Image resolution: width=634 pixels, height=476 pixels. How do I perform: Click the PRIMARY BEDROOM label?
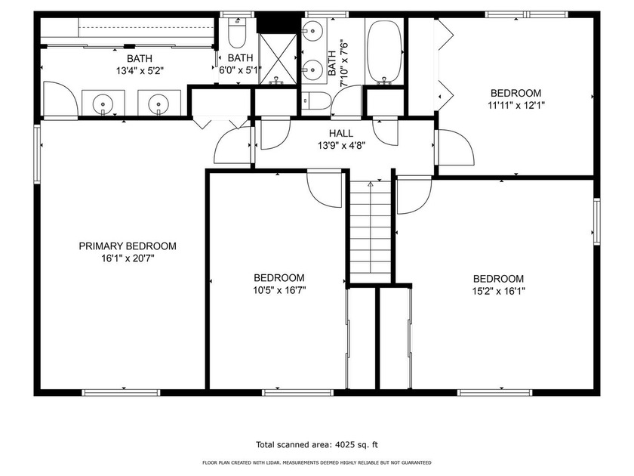pyautogui.click(x=128, y=246)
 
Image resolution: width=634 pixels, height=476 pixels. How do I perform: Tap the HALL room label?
pyautogui.click(x=341, y=133)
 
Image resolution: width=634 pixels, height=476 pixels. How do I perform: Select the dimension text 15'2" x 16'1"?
pyautogui.click(x=499, y=291)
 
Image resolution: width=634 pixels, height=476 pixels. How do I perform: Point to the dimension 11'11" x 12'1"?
pyautogui.click(x=516, y=106)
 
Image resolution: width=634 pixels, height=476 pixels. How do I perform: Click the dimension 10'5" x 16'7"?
pyautogui.click(x=279, y=290)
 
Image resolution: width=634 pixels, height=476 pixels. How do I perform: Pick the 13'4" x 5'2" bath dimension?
pyautogui.click(x=140, y=71)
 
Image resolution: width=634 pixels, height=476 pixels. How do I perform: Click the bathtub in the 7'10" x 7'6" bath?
pyautogui.click(x=384, y=52)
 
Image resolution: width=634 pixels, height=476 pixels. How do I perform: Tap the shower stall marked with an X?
pyautogui.click(x=278, y=59)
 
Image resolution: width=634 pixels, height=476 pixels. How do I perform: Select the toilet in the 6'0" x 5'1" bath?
pyautogui.click(x=237, y=32)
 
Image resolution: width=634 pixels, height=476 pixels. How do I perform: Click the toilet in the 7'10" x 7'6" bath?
pyautogui.click(x=316, y=100)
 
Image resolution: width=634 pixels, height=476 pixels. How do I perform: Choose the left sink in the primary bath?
pyautogui.click(x=103, y=104)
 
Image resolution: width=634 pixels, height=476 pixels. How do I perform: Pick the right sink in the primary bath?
pyautogui.click(x=158, y=104)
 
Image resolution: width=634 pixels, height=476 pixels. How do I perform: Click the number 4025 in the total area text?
pyautogui.click(x=344, y=445)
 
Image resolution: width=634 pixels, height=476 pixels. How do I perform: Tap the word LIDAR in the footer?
pyautogui.click(x=274, y=462)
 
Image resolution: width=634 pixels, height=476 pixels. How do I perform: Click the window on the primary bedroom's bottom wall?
pyautogui.click(x=121, y=393)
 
